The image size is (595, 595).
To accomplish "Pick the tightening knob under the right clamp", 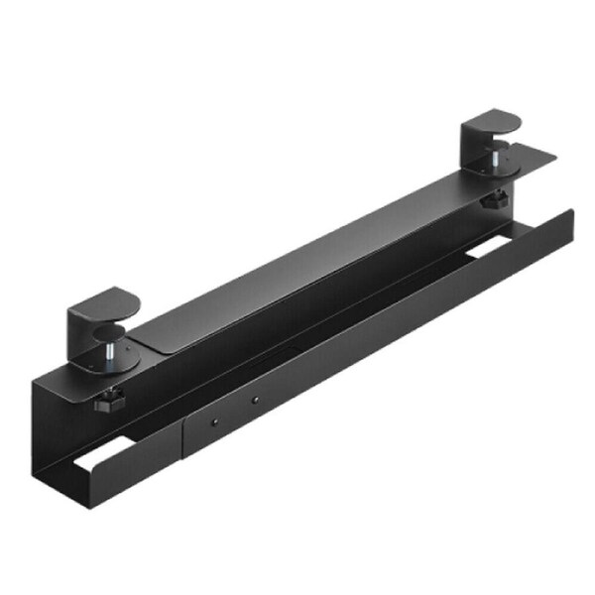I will pyautogui.click(x=492, y=200).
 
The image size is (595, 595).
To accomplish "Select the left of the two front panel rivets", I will pyautogui.click(x=212, y=420).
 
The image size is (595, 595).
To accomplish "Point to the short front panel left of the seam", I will pyautogui.click(x=139, y=470).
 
